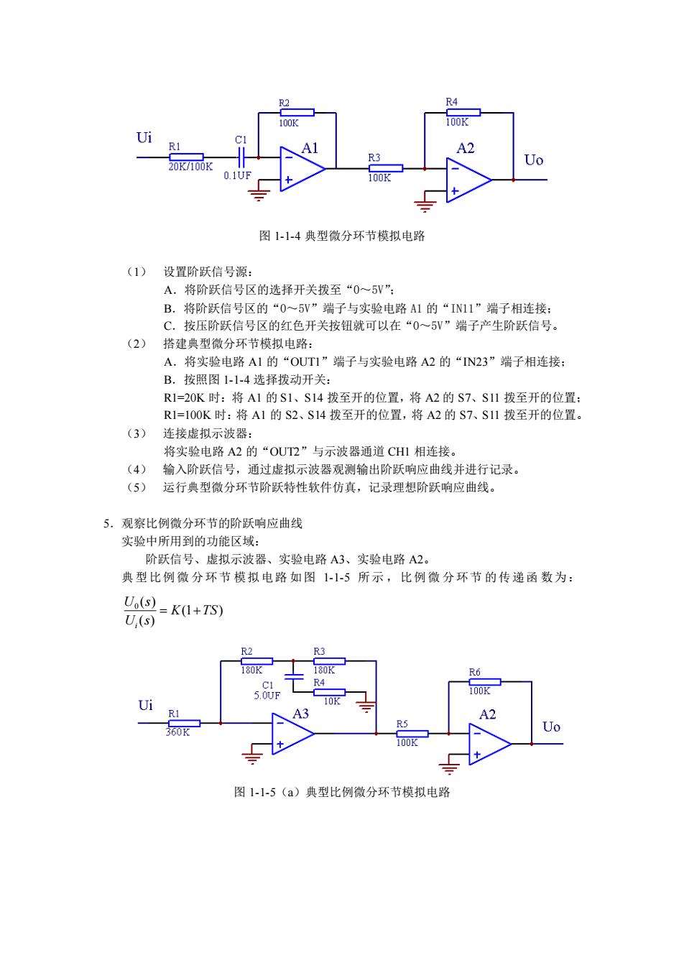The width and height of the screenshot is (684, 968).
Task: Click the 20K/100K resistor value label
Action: pos(190,167)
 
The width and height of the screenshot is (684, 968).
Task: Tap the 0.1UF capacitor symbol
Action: pos(241,157)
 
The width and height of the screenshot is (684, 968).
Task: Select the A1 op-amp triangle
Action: pos(302,169)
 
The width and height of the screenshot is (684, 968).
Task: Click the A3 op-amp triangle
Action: pos(293,733)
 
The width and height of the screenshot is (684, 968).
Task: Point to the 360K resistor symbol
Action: pos(184,723)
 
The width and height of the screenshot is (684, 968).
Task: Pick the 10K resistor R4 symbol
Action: pos(329,692)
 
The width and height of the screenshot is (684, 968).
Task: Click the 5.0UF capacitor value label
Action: pos(267,696)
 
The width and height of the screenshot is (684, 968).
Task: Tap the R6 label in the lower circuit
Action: pos(474,672)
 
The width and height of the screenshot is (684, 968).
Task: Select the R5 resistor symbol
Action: pos(412,733)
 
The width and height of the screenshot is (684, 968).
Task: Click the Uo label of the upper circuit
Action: pos(534,160)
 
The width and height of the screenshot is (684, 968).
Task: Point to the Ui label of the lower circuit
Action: pos(146,705)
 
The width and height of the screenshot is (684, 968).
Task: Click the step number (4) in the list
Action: pos(137,469)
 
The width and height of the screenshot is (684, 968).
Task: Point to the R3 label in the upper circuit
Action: pos(374,157)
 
